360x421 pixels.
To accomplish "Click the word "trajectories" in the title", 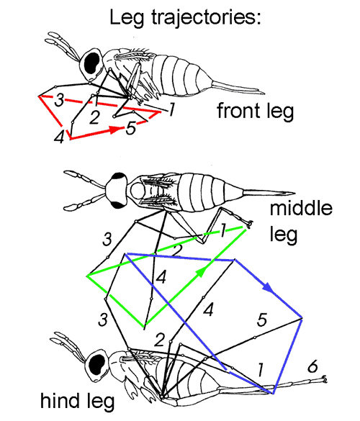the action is tap(206, 18).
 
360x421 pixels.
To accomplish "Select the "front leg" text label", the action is tap(255, 111).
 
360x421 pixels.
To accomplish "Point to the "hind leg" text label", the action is tap(77, 401).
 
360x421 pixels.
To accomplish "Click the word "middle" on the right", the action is tap(301, 209).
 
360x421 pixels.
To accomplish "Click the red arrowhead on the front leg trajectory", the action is tap(115, 130).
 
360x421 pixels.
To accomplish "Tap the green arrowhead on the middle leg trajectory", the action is tap(201, 272).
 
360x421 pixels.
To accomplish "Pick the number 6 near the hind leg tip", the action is tap(312, 366).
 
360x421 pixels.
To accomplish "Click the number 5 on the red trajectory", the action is tap(131, 128).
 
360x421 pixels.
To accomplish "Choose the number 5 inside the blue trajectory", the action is tap(262, 320).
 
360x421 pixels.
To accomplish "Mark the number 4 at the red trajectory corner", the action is tap(59, 137).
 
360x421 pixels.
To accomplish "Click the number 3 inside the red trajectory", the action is tap(59, 101).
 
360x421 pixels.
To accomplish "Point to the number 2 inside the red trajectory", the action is tap(94, 117).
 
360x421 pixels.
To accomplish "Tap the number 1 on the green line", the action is tap(222, 231).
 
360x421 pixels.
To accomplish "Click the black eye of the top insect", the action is tap(92, 63).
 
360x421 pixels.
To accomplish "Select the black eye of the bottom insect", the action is tap(97, 366).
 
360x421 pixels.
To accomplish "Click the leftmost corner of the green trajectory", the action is tap(86, 276).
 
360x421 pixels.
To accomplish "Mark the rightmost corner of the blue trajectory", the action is tap(302, 318).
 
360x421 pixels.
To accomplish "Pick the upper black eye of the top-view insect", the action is tap(120, 176).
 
